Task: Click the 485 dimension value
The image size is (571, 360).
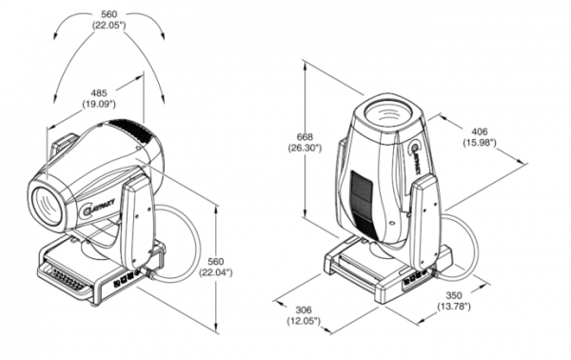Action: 99,93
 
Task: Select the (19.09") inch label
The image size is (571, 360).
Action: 99,104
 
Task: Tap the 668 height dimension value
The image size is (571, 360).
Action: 305,137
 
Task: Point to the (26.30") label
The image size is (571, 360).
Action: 305,148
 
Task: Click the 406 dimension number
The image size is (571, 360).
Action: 480,131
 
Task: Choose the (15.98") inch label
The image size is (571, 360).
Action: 480,143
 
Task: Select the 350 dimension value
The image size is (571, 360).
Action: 454,295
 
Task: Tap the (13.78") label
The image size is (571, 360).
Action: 454,307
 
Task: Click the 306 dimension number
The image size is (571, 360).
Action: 304,310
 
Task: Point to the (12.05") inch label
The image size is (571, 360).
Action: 304,321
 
